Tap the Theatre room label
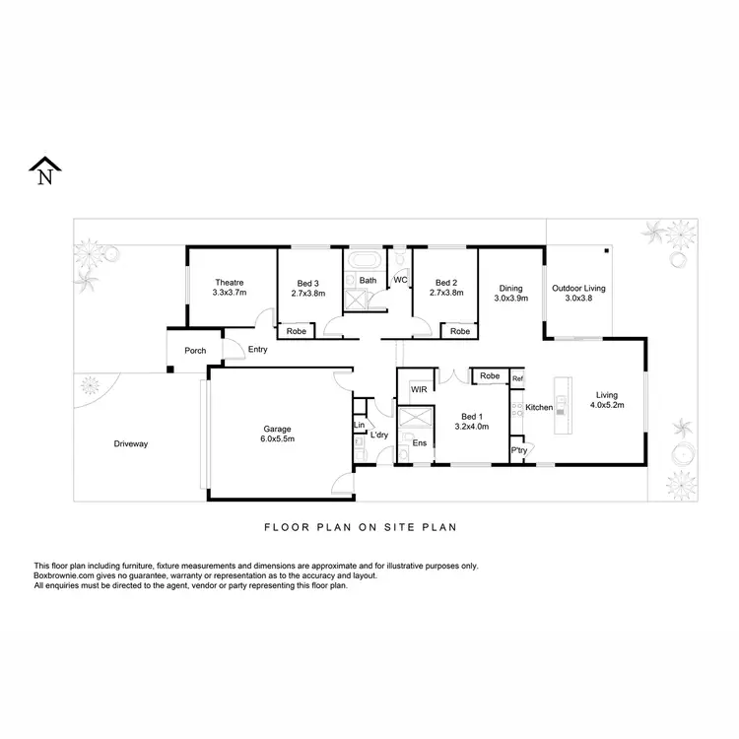point(228,287)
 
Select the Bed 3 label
point(308,287)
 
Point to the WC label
point(401,281)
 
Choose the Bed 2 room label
point(446,287)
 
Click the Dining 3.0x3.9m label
point(510,293)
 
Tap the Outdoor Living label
point(578,293)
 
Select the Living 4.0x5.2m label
point(607,398)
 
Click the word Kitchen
point(539,407)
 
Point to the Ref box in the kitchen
point(517,378)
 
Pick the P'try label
point(518,452)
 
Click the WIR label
point(418,390)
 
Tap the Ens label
point(419,442)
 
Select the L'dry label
point(378,435)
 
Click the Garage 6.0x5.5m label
point(278,434)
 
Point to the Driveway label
point(129,444)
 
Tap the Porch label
point(195,350)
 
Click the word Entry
point(258,349)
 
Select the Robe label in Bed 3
point(296,331)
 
